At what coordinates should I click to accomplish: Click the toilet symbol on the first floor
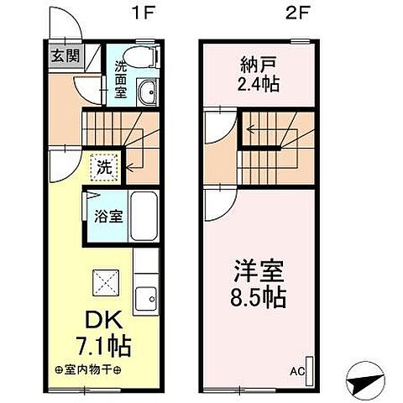[146, 56]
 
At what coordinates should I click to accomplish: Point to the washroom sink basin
[149, 92]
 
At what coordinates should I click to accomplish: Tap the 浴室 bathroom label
[107, 216]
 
